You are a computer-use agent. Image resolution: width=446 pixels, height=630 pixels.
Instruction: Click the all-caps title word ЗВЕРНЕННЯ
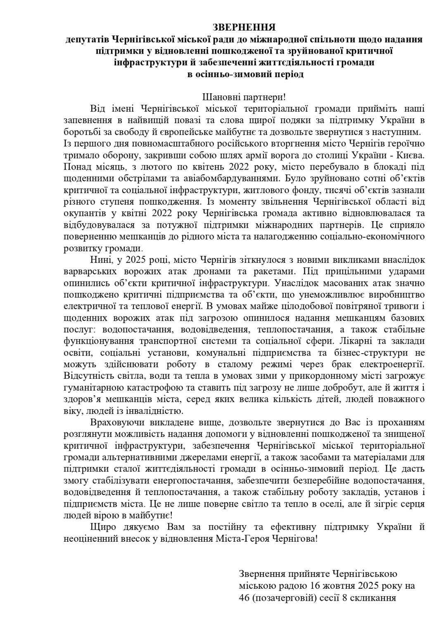tap(244, 28)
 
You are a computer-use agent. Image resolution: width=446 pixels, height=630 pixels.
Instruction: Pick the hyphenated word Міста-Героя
tap(249, 539)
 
